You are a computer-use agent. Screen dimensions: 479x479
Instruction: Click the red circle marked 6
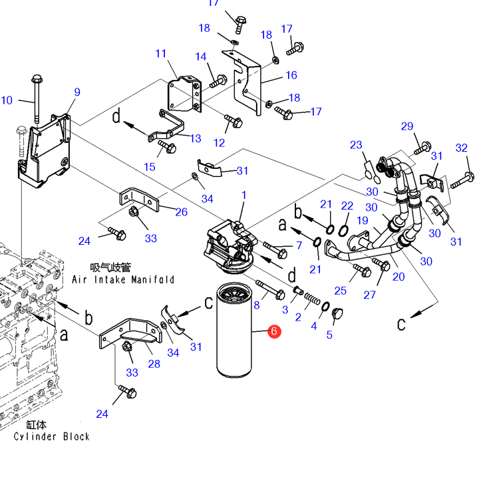pyautogui.click(x=274, y=331)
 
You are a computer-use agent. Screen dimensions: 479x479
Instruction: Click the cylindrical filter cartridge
pyautogui.click(x=234, y=330)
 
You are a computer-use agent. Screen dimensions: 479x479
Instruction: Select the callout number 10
pyautogui.click(x=7, y=100)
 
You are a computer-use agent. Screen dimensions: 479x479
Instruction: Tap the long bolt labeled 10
pyautogui.click(x=37, y=98)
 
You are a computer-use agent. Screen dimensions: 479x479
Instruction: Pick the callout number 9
pyautogui.click(x=77, y=92)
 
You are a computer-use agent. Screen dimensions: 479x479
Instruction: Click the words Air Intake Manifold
pyautogui.click(x=123, y=279)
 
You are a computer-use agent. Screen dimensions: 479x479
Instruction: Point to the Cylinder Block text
pyautogui.click(x=52, y=436)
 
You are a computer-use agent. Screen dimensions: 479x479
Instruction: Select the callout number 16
pyautogui.click(x=291, y=75)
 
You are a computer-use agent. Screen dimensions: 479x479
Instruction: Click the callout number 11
pyautogui.click(x=161, y=54)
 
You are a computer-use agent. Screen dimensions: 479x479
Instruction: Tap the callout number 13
pyautogui.click(x=196, y=138)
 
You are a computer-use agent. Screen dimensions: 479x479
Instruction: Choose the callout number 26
pyautogui.click(x=181, y=212)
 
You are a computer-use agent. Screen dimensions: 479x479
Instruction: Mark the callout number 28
pyautogui.click(x=154, y=364)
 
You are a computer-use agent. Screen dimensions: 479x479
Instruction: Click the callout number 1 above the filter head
pyautogui.click(x=243, y=195)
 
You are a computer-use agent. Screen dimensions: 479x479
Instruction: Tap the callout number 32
pyautogui.click(x=461, y=148)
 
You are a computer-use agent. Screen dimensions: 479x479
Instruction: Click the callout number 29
pyautogui.click(x=407, y=126)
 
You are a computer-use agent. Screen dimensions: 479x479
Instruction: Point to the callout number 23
pyautogui.click(x=356, y=145)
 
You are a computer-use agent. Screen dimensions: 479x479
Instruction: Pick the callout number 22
pyautogui.click(x=347, y=206)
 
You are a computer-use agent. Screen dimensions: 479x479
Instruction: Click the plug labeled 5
pyautogui.click(x=337, y=314)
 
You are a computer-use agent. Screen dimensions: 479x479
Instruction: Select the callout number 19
pyautogui.click(x=363, y=220)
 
